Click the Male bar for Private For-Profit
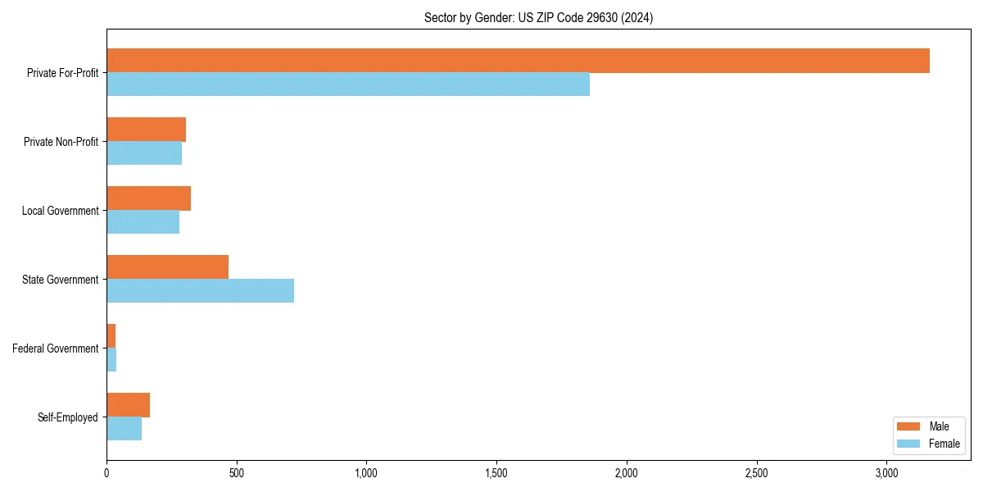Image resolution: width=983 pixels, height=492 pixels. (x=518, y=61)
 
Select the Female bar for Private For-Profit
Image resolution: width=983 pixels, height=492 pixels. (x=348, y=84)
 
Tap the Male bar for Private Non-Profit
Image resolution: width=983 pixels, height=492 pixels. (x=146, y=130)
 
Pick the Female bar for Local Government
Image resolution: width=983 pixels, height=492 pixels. (x=143, y=222)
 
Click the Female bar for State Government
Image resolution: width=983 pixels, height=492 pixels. (x=200, y=291)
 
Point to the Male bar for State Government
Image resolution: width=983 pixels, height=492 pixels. (x=167, y=267)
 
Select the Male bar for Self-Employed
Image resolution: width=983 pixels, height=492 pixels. (x=128, y=405)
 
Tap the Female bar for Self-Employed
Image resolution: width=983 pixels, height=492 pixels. (x=124, y=429)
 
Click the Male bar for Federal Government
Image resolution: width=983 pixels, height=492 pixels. (x=111, y=336)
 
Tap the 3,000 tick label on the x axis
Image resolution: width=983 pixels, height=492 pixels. (x=886, y=474)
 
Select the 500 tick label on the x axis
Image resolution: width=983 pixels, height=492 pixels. (x=236, y=474)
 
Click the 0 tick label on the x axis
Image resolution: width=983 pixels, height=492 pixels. (x=106, y=474)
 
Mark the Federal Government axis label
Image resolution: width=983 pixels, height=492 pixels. (x=56, y=348)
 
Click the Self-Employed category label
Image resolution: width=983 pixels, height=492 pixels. (x=68, y=417)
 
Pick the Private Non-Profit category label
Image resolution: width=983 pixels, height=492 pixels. (x=61, y=142)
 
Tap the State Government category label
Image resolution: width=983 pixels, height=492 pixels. (x=60, y=280)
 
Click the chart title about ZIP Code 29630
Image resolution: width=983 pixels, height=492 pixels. (x=538, y=18)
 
